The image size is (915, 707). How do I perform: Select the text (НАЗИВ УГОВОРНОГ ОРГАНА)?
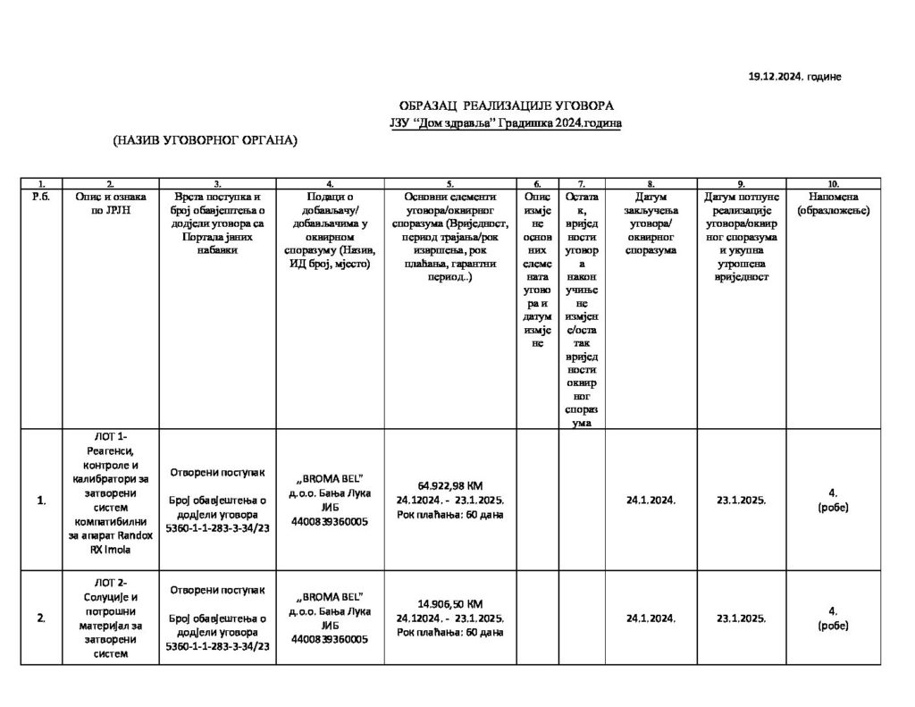click(x=205, y=139)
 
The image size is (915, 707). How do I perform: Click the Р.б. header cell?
click(x=42, y=196)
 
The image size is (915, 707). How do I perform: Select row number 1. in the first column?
click(x=42, y=500)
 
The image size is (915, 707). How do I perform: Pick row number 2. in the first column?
click(x=42, y=618)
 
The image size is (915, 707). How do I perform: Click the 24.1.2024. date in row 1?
click(x=651, y=500)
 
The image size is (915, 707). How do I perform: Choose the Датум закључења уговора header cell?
click(x=651, y=223)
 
